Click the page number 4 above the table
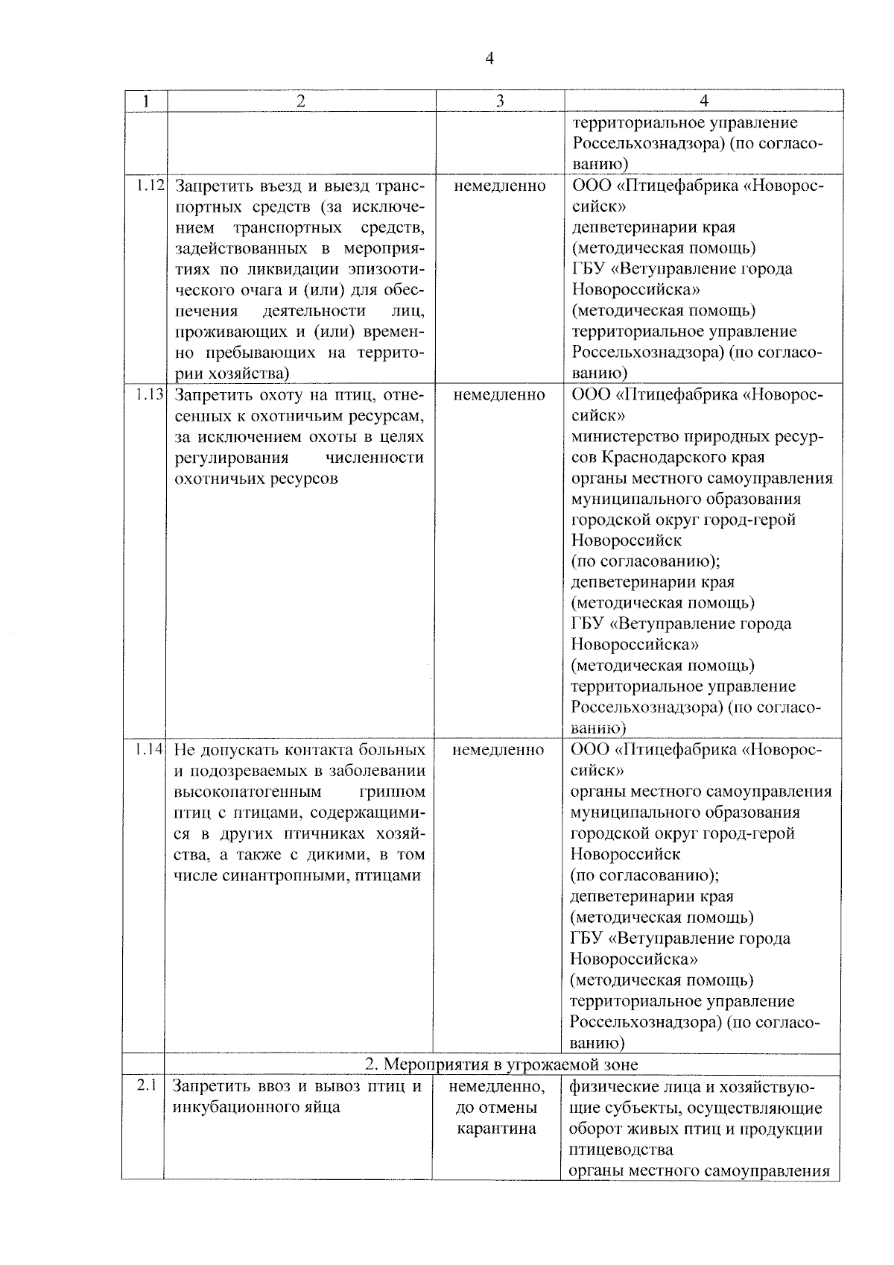(489, 59)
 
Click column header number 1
(145, 101)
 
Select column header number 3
(500, 101)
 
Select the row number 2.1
(146, 1085)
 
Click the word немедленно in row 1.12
(499, 186)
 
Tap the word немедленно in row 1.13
(499, 395)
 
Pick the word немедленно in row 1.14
(498, 750)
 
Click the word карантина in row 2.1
(497, 1129)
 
